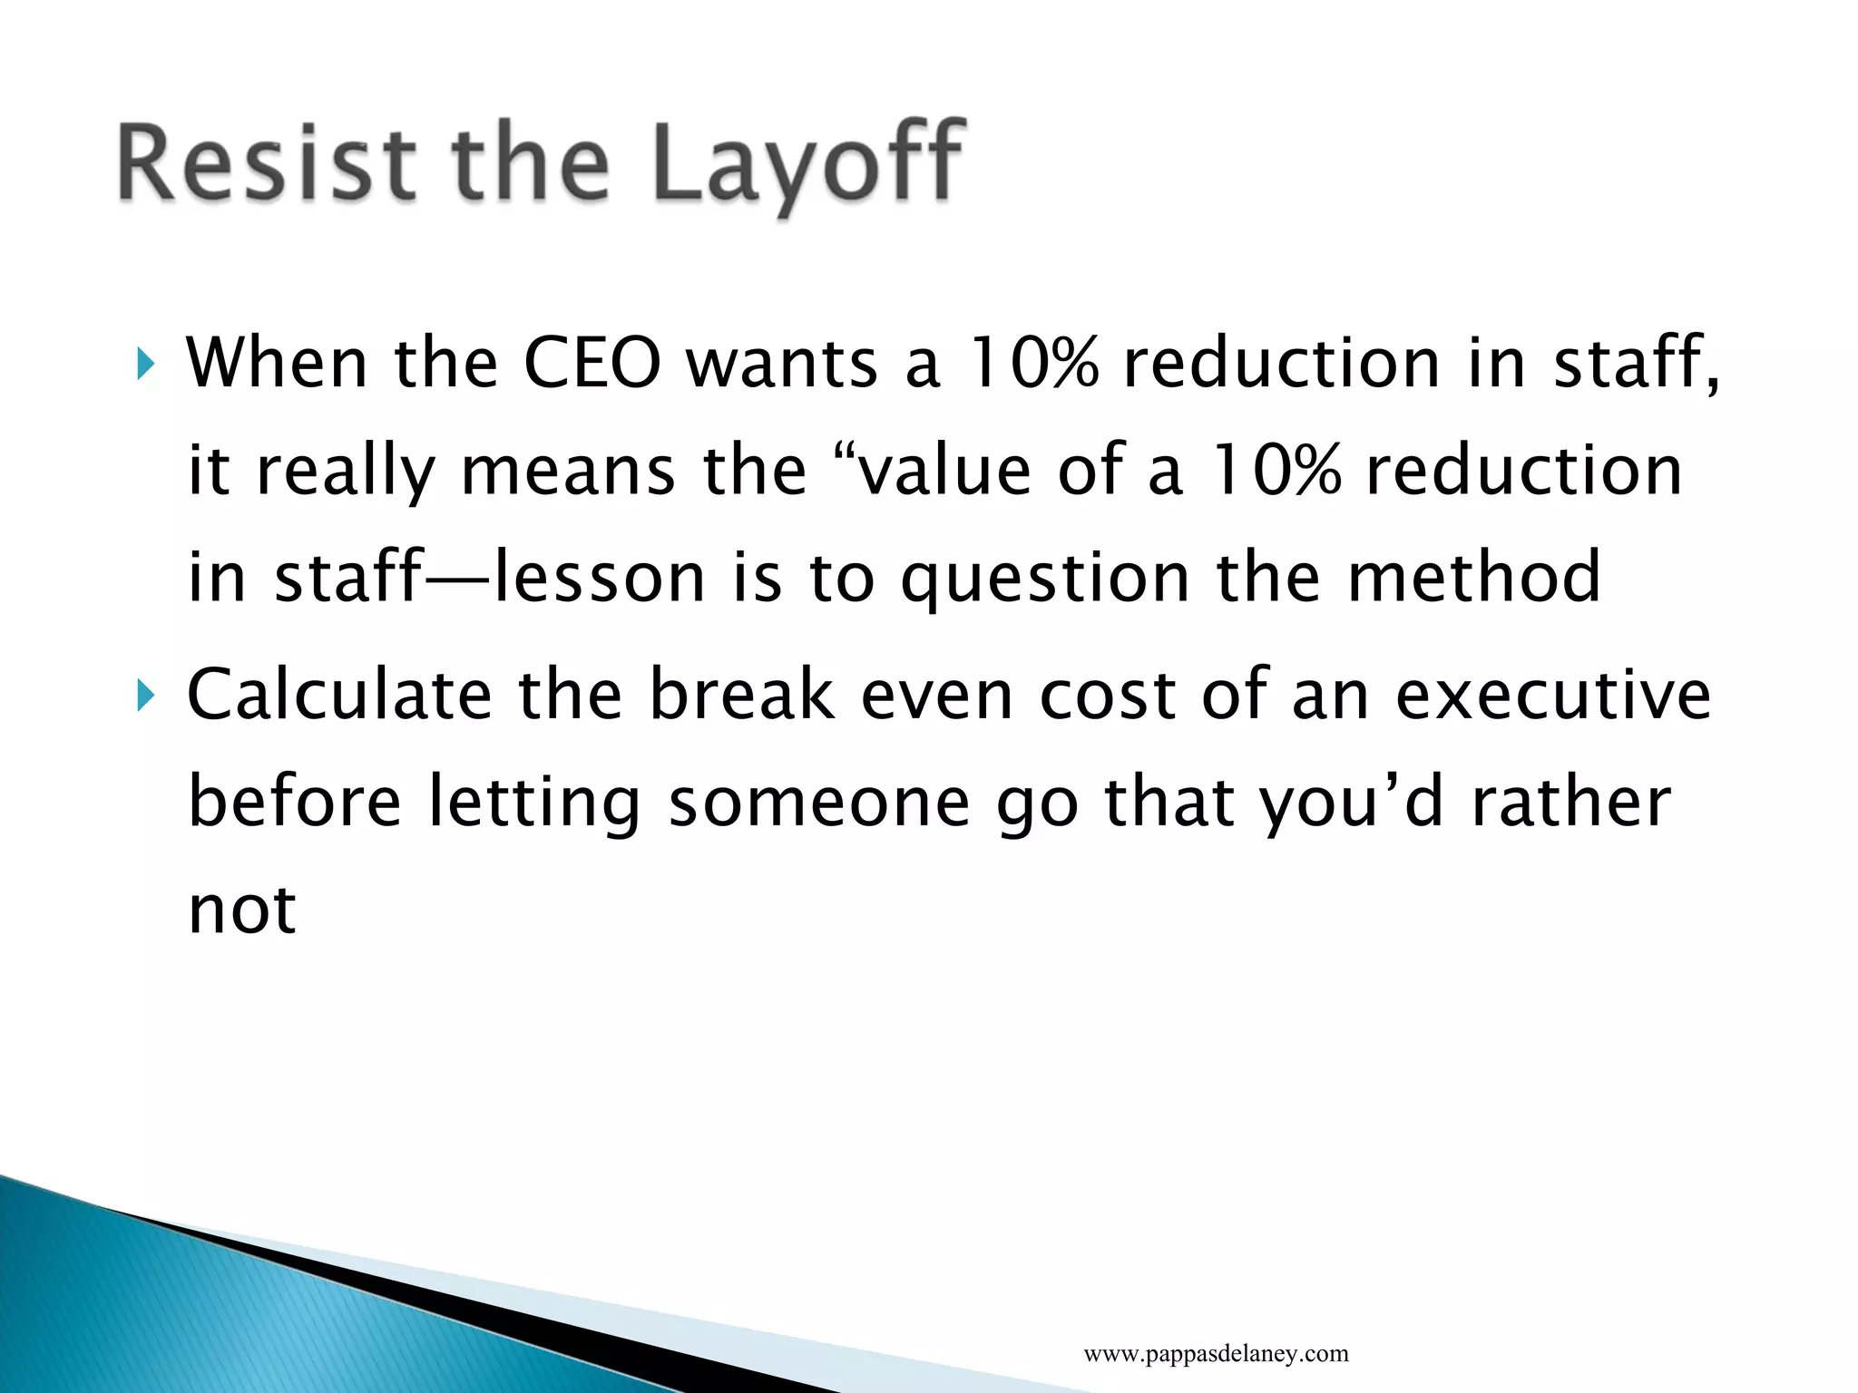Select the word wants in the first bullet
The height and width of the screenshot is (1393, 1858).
(x=781, y=364)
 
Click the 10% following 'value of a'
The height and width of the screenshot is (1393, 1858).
(x=1274, y=471)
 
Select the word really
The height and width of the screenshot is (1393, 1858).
(x=346, y=471)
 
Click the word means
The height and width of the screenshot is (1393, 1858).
(x=568, y=471)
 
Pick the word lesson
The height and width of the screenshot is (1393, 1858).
(x=599, y=578)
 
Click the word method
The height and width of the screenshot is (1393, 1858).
(x=1474, y=578)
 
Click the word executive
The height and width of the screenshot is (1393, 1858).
(x=1552, y=695)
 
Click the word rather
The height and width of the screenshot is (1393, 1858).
(x=1570, y=802)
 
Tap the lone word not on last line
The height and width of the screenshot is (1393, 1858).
(x=242, y=909)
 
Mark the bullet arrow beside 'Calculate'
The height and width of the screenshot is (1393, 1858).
(x=145, y=696)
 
